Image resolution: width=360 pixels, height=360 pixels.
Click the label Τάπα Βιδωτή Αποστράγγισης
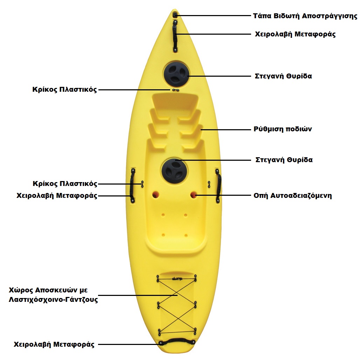305,16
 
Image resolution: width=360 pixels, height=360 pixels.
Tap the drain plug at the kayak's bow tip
175,15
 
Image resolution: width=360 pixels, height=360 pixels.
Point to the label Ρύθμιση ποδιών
283,129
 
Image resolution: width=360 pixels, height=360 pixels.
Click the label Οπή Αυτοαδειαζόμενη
292,195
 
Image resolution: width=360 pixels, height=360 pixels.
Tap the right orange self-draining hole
194,194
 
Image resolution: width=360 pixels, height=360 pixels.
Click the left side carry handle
133,186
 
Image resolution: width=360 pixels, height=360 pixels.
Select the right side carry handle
218,186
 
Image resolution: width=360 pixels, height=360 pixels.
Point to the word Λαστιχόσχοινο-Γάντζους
54,300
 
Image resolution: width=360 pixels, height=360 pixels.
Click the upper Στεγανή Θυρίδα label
283,76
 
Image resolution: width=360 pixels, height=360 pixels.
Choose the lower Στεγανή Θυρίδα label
284,160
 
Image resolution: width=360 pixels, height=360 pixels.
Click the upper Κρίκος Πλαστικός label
64,90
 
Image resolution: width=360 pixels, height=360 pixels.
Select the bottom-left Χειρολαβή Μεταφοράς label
54,345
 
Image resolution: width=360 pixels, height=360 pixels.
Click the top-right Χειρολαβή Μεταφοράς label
295,34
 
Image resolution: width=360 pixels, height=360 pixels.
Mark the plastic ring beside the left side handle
142,184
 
